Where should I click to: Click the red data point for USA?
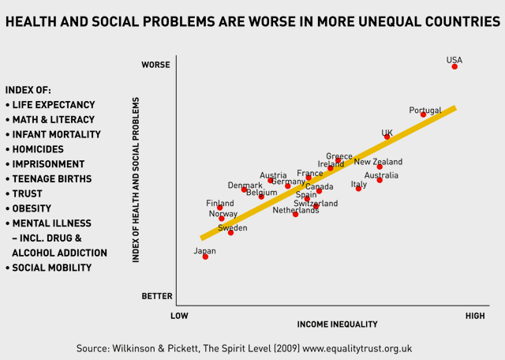tap(454, 67)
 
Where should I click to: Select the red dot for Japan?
tap(205, 257)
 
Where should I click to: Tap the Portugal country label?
tap(425, 111)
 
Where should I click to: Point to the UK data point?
tap(387, 137)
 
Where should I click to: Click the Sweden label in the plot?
tap(232, 227)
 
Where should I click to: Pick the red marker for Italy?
tap(358, 189)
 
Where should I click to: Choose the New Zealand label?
tap(377, 162)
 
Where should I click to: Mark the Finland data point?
tap(220, 208)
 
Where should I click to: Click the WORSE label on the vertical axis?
tap(155, 65)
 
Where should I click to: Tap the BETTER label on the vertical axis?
tap(156, 296)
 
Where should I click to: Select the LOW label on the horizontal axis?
tap(179, 316)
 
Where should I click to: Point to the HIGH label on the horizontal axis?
tap(475, 316)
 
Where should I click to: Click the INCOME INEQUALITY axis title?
tap(331, 324)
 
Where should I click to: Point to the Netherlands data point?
tap(296, 214)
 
